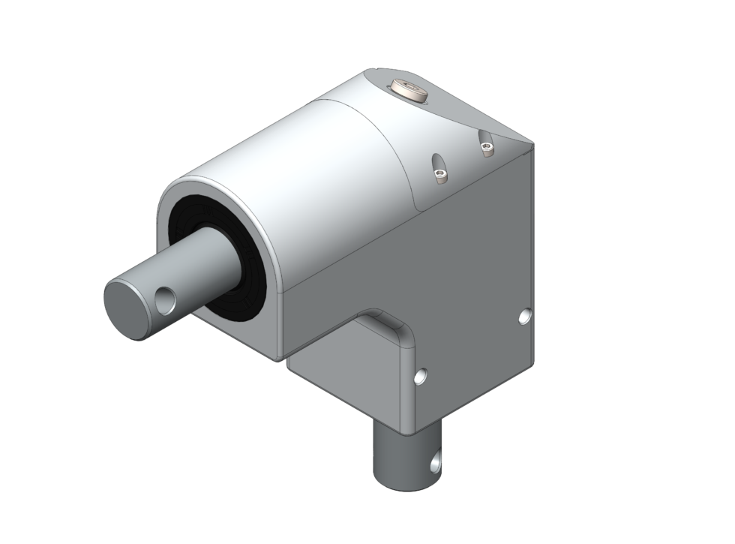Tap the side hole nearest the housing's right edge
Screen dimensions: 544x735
525,317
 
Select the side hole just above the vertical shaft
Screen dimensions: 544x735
422,374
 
